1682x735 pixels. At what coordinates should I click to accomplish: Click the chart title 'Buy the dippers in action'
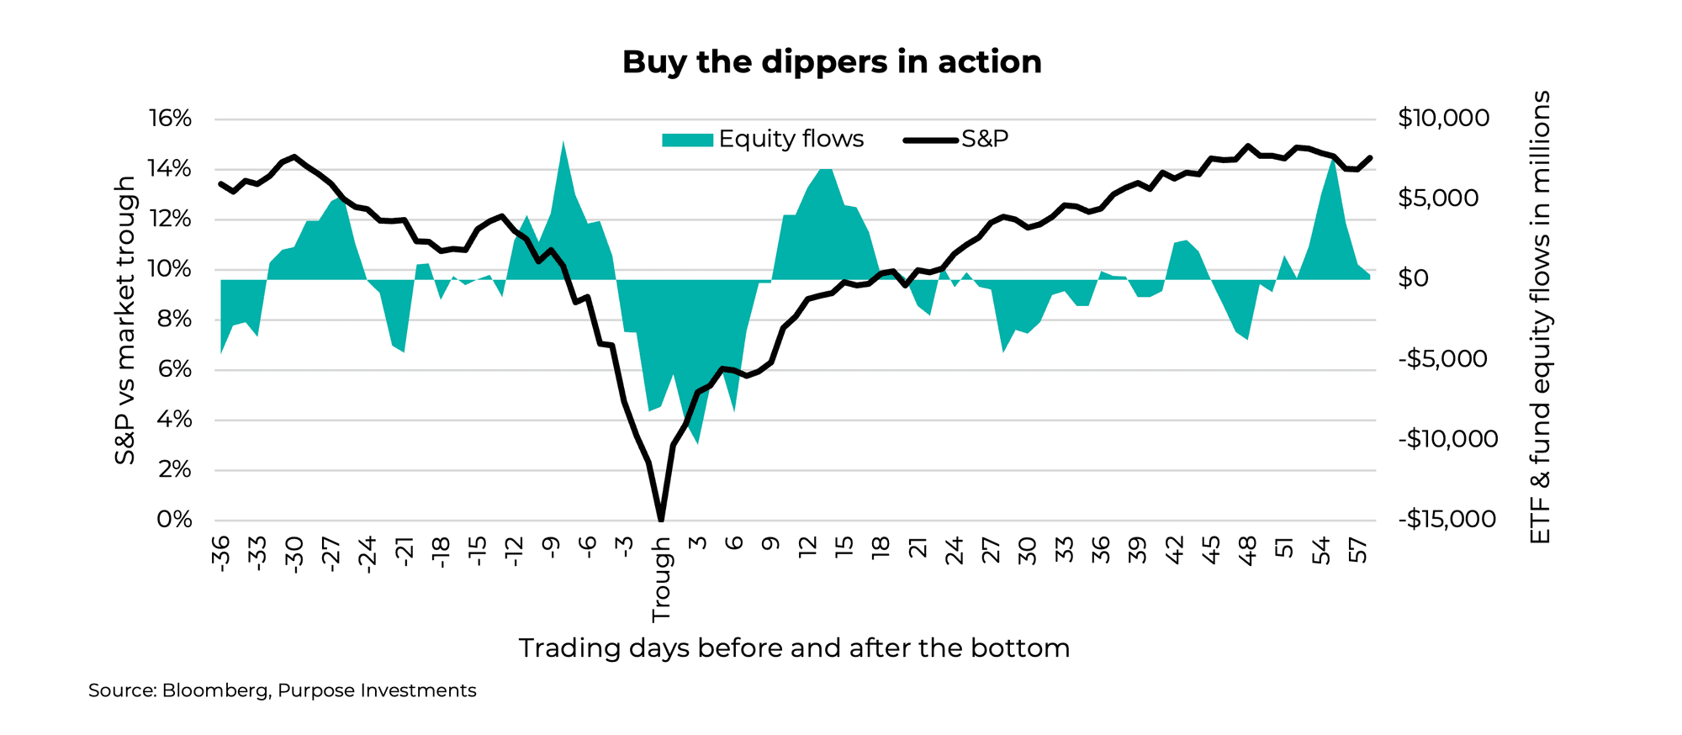coord(832,62)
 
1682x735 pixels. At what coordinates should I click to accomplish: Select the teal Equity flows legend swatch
coord(687,140)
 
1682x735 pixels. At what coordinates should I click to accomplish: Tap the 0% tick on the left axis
coord(174,520)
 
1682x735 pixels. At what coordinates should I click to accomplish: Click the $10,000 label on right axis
coord(1443,118)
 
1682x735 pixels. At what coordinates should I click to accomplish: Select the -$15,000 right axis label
coord(1447,519)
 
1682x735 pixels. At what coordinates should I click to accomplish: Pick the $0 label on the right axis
coord(1413,278)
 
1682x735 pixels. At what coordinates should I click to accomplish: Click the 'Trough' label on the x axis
coord(662,580)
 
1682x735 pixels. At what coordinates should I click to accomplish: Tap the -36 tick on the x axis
coord(221,553)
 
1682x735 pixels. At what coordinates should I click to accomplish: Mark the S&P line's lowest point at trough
coord(661,519)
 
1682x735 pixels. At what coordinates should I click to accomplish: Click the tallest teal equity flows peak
coord(563,143)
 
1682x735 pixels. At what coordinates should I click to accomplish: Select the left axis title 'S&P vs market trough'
coord(125,320)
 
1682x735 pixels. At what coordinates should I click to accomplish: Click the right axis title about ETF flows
coord(1539,318)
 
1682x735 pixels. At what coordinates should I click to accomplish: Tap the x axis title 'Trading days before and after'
coord(794,648)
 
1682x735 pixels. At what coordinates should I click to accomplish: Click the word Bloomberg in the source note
coord(215,690)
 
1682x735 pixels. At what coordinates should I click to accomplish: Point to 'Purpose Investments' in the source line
coord(377,690)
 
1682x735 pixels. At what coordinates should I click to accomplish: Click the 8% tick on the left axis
coord(174,320)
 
